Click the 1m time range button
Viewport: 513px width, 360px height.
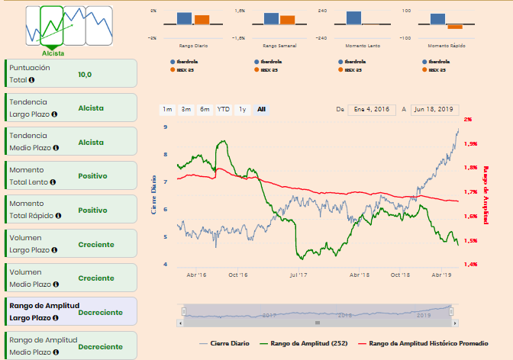(x=167, y=110)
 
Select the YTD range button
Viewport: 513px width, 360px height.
(x=224, y=110)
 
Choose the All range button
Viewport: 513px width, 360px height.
(x=261, y=110)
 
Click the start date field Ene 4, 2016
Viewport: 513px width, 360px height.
(x=372, y=110)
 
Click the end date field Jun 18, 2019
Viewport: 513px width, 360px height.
(x=434, y=110)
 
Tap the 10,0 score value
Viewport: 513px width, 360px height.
(x=85, y=75)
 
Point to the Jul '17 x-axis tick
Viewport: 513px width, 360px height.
(x=298, y=275)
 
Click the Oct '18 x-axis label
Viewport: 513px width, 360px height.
(x=401, y=275)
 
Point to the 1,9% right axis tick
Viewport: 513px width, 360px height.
(x=470, y=143)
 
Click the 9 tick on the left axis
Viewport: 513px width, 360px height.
(x=166, y=127)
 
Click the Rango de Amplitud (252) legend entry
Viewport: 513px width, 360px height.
(x=304, y=343)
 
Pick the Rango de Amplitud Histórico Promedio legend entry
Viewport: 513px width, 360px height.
(x=428, y=343)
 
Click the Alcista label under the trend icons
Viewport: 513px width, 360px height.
(x=53, y=53)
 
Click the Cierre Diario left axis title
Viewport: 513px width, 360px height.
(x=154, y=194)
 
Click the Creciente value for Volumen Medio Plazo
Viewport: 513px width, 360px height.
(x=96, y=278)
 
